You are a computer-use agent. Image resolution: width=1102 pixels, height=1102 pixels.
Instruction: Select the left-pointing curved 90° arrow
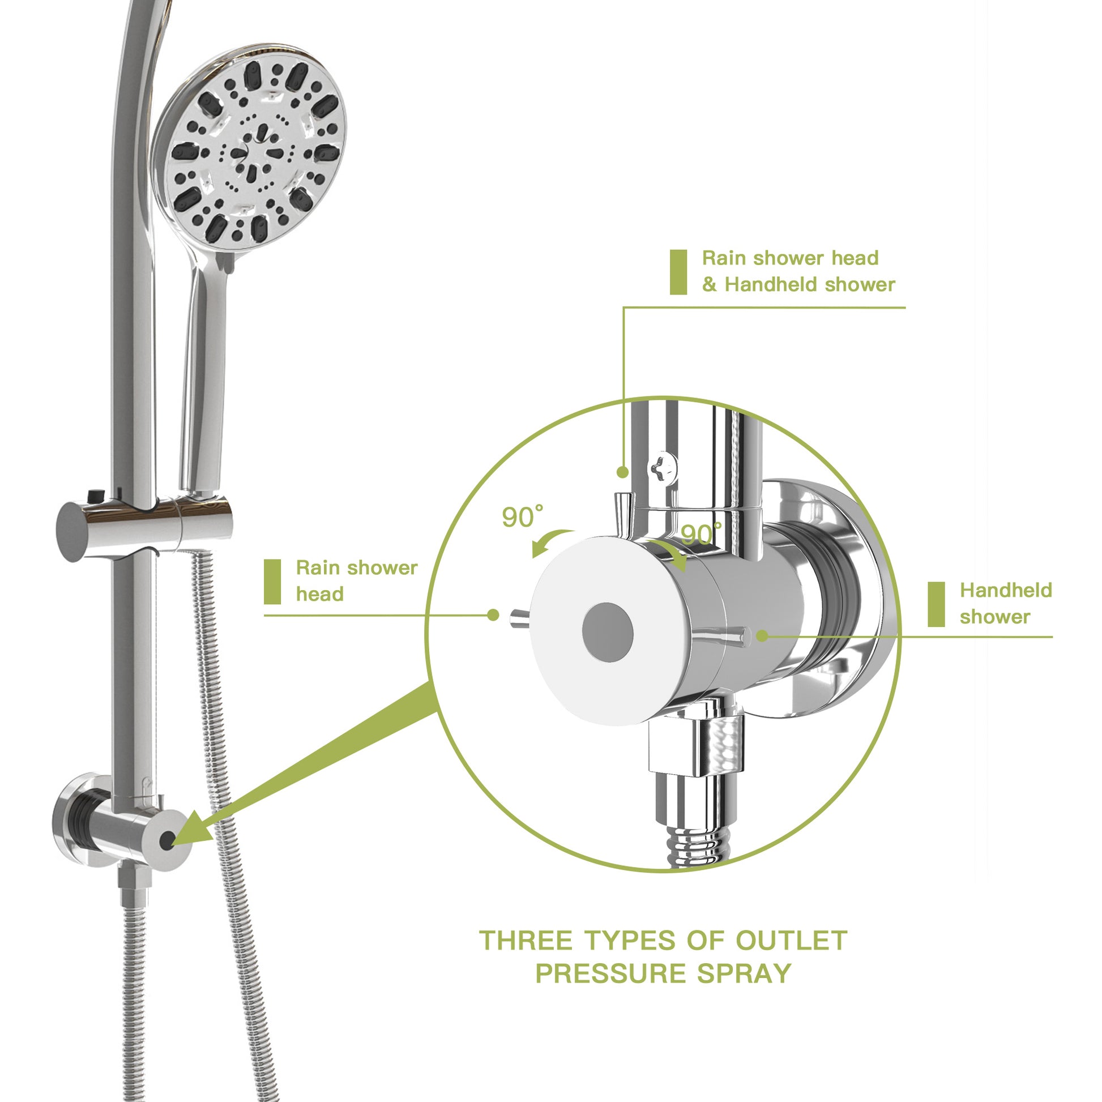click(x=550, y=542)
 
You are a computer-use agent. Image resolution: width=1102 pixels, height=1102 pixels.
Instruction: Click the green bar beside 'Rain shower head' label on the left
click(x=272, y=581)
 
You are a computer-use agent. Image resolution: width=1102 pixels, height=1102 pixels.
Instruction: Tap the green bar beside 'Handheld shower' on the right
click(x=936, y=604)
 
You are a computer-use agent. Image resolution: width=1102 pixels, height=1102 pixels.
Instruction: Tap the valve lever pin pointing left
click(x=520, y=618)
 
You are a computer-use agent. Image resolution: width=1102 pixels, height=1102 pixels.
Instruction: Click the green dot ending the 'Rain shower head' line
click(x=493, y=615)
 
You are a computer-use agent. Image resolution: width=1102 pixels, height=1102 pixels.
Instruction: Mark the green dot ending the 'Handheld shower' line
click(x=762, y=635)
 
